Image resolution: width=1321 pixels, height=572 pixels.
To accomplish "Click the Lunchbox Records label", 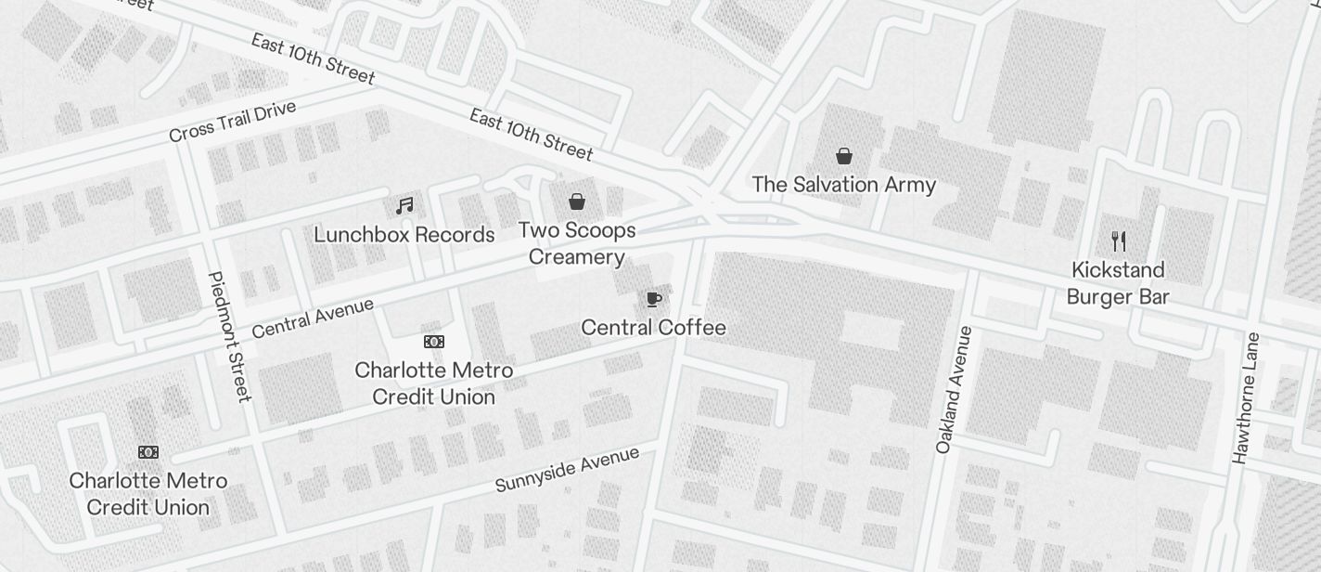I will click(x=404, y=235).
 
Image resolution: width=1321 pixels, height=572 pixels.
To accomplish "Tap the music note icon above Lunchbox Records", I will click(x=404, y=205).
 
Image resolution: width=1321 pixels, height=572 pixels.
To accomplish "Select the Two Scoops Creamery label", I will click(x=576, y=243).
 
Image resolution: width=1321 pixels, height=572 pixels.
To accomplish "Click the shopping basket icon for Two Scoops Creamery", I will click(x=577, y=201).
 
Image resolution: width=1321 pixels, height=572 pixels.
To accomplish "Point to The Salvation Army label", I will click(x=843, y=185).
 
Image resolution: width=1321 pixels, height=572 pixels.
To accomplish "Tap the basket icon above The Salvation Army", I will click(x=844, y=155).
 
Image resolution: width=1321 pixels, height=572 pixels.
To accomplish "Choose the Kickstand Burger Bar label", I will click(x=1117, y=283).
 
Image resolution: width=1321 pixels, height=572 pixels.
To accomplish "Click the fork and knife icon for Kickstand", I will click(x=1119, y=241).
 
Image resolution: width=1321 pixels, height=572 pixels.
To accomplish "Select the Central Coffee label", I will click(x=653, y=328).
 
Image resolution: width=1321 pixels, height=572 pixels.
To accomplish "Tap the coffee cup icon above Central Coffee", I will click(x=654, y=299).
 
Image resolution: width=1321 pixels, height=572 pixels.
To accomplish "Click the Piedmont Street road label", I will click(x=230, y=336).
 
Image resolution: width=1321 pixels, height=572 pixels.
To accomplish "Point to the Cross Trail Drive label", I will click(x=232, y=122).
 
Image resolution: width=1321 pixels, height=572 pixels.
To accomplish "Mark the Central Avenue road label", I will click(x=313, y=318).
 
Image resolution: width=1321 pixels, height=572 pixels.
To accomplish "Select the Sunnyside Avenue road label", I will click(x=567, y=469).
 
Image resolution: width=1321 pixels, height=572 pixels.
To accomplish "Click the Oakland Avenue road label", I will click(x=955, y=390).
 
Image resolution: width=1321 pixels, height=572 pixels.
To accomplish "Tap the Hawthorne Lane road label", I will click(x=1244, y=397).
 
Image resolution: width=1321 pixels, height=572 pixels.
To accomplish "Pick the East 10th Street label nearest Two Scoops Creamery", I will click(x=531, y=134).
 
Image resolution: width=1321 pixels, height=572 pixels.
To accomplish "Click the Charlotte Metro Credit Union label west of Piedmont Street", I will click(x=148, y=494).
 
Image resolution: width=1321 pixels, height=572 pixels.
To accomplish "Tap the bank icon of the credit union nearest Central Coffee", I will click(x=433, y=342).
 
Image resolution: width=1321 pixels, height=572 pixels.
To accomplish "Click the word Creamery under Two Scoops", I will click(x=576, y=257).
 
